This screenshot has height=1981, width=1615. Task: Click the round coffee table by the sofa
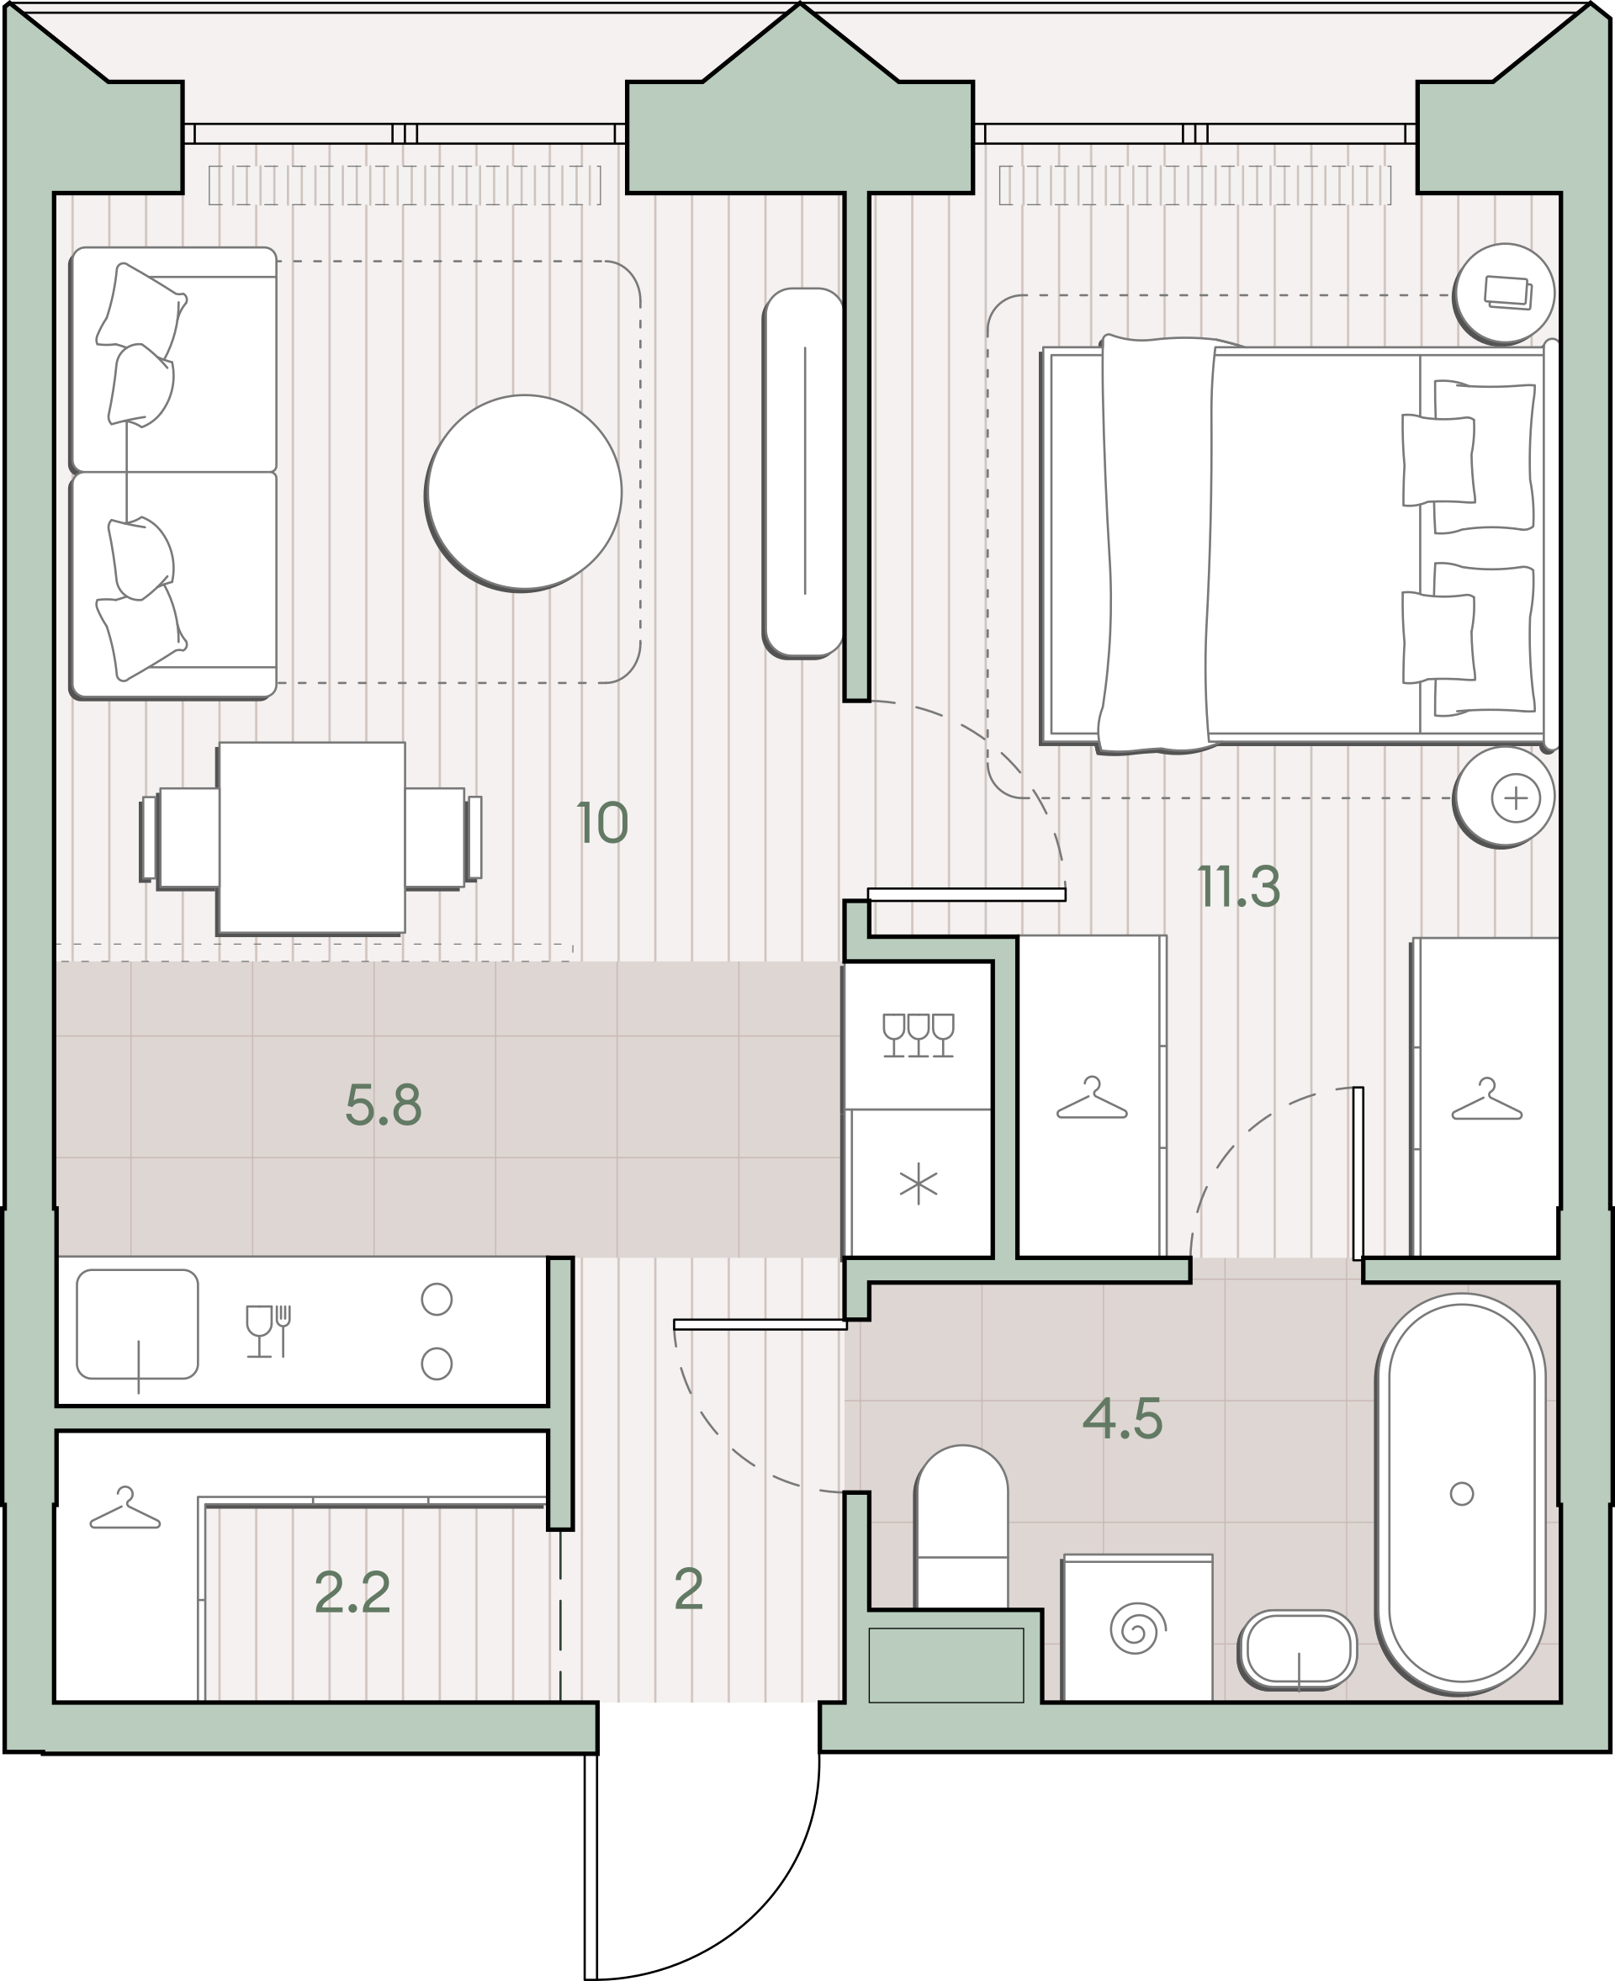(x=524, y=492)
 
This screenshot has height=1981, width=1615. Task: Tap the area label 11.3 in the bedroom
(x=1238, y=887)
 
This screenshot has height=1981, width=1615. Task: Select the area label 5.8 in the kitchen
(x=384, y=1105)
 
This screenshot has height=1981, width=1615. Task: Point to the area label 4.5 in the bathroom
(x=1123, y=1419)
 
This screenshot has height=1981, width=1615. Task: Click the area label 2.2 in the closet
(x=352, y=1592)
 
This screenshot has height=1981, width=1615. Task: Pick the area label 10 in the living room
(x=603, y=823)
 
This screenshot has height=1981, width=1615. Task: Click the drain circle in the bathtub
(x=1462, y=1493)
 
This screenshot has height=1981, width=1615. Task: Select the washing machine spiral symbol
(x=1137, y=1629)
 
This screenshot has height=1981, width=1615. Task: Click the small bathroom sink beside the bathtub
(x=1298, y=1649)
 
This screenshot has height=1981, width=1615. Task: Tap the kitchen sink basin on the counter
(x=137, y=1324)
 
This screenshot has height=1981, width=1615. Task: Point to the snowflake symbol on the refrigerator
(x=919, y=1184)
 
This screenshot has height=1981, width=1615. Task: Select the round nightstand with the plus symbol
(x=1504, y=797)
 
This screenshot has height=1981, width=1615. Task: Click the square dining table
(x=310, y=839)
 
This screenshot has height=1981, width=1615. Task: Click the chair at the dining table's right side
(x=442, y=839)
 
